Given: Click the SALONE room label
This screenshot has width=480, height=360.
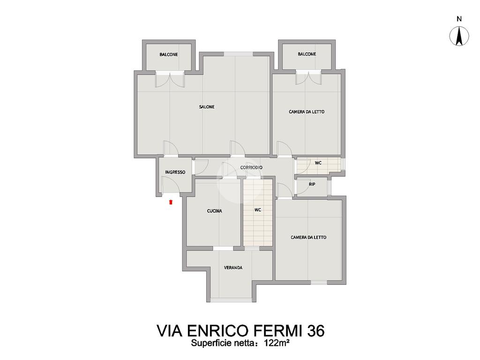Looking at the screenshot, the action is coord(207,107).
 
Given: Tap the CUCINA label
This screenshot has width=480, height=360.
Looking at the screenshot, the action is coord(214,211).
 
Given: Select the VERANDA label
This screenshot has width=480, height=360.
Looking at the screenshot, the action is coord(233,268).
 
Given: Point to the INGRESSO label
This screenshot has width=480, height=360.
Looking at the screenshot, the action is coord(175,172).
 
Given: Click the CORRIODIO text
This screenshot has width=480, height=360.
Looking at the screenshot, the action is coord(251,167).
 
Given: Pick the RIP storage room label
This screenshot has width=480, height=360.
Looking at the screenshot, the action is coord(312,184).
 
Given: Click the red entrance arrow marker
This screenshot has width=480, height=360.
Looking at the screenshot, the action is coord(171,202).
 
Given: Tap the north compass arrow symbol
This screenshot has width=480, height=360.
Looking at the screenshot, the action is coord(459,36).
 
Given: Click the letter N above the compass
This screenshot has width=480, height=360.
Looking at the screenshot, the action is coord(459,19).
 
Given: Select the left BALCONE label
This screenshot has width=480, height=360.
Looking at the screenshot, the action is coord(169,54).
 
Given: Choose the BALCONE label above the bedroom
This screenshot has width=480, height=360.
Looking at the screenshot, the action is coord(307,54).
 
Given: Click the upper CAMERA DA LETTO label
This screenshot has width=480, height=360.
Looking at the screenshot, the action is coord(307,112).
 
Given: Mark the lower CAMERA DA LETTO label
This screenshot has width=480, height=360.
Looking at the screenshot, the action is coord(308,237).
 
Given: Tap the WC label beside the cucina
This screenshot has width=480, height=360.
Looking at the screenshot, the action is coord(258,210).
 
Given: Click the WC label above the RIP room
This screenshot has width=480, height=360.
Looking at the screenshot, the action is coord(318,163).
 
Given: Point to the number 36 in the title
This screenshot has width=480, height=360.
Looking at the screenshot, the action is coord(316,330).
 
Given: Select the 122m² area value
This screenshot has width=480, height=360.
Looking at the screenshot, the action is coord(277,343).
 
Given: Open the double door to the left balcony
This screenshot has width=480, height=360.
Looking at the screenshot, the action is coord(170,79).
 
